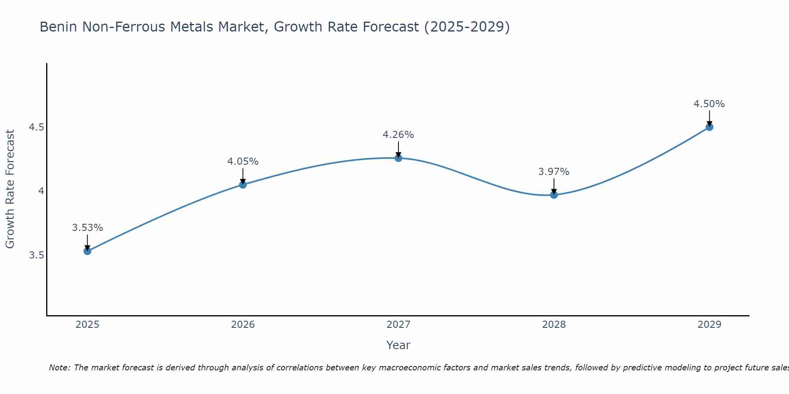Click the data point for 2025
click(x=88, y=251)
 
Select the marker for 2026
click(x=243, y=184)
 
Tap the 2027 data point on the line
click(x=398, y=158)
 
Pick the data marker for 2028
click(x=554, y=195)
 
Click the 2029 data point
click(x=709, y=127)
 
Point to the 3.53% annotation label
click(x=88, y=228)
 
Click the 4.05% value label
click(x=243, y=162)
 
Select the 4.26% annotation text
click(x=398, y=135)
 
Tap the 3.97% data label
click(x=554, y=172)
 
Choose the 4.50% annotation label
click(x=709, y=104)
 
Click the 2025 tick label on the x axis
click(x=88, y=325)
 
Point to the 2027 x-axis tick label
click(x=398, y=325)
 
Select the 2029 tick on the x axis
click(x=709, y=325)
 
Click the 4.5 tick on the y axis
click(x=36, y=127)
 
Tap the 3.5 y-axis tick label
click(x=36, y=255)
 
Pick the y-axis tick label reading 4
click(x=41, y=191)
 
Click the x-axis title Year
click(x=398, y=345)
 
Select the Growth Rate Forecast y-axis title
click(x=10, y=189)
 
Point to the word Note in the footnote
click(x=59, y=368)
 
